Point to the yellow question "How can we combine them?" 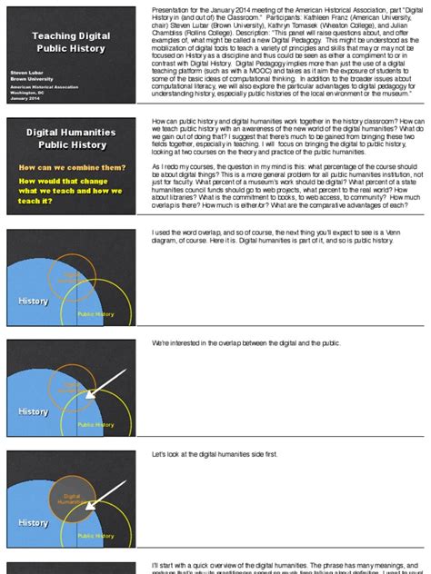click(x=72, y=167)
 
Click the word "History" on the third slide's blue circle click(x=34, y=301)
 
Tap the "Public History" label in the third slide click(x=95, y=314)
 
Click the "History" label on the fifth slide click(x=34, y=522)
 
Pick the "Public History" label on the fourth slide click(x=95, y=425)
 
